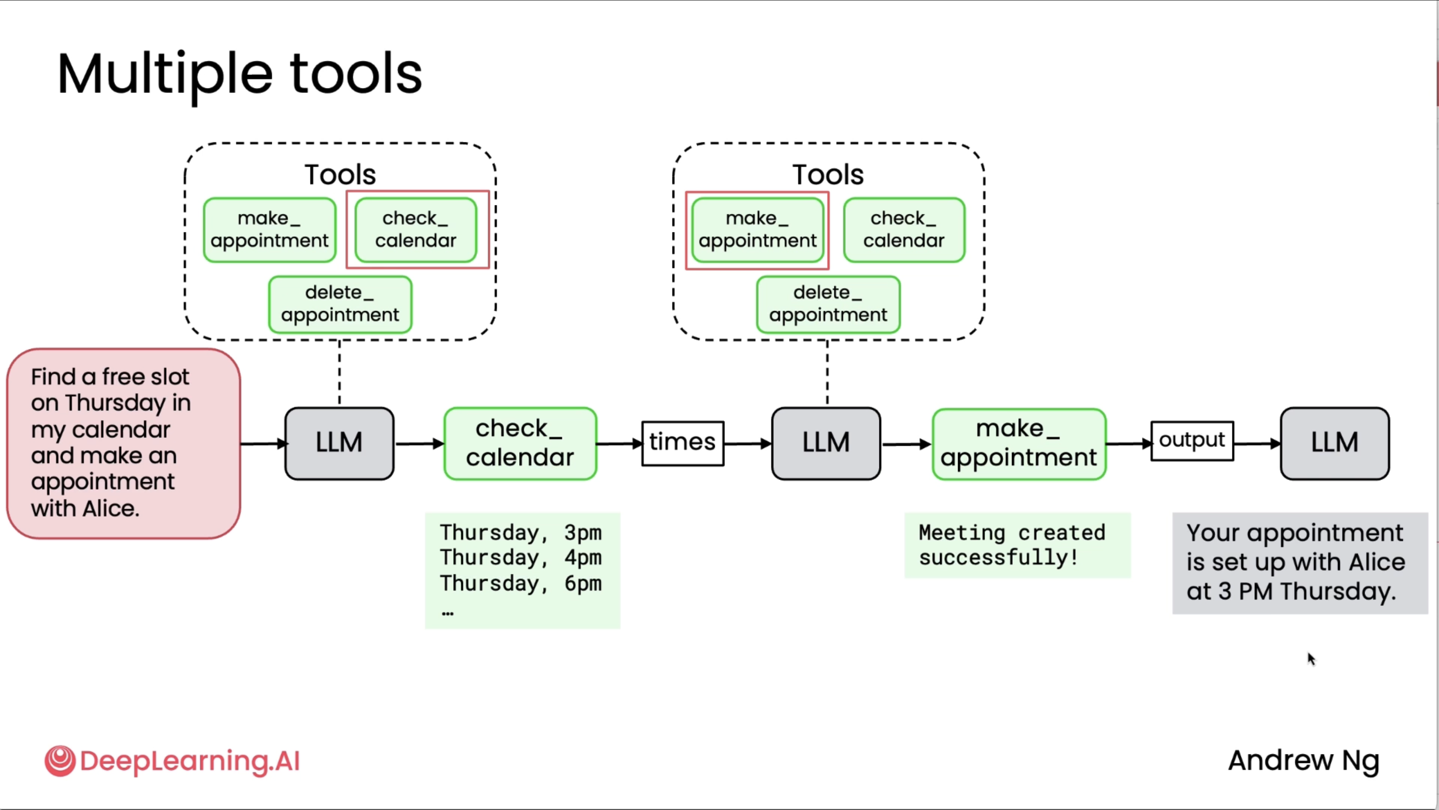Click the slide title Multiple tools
[x=240, y=75]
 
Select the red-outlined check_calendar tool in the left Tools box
[x=416, y=230]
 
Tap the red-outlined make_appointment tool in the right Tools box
[x=757, y=230]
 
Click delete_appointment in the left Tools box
[x=340, y=304]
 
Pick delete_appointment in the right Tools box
[x=828, y=304]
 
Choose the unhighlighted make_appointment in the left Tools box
[x=270, y=230]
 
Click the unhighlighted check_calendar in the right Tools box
[x=904, y=230]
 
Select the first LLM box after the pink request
[x=340, y=443]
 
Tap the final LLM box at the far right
[x=1335, y=443]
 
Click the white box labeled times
[x=682, y=443]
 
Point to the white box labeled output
[x=1192, y=441]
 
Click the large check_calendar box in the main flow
[x=520, y=443]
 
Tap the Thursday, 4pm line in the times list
[x=520, y=558]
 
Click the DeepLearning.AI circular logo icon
[x=60, y=761]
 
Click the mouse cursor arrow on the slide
[x=1311, y=659]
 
